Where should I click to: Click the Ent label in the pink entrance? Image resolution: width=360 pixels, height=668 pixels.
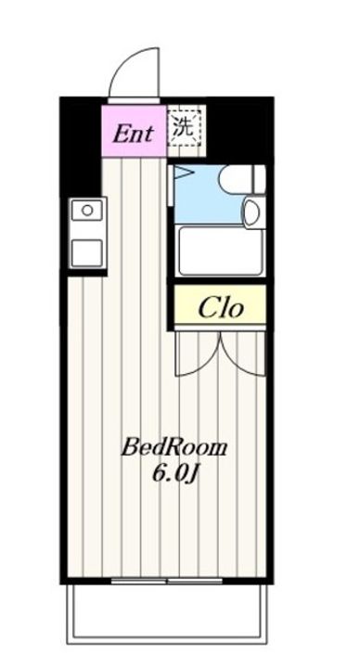point(133,134)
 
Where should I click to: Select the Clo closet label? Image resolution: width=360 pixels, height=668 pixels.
point(221,308)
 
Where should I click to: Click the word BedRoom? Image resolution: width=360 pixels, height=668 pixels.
point(174,448)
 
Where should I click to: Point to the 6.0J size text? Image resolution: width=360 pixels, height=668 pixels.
point(175,474)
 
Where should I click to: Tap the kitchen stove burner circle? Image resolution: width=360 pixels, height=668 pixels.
point(87,210)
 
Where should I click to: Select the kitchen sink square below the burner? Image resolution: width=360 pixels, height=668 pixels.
point(87,253)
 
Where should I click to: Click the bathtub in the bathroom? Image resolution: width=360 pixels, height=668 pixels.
point(221,251)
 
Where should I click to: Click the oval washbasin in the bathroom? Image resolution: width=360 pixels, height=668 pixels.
point(253,212)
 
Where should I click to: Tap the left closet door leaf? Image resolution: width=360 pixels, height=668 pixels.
point(198,353)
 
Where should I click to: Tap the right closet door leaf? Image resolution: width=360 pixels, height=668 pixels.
point(243,353)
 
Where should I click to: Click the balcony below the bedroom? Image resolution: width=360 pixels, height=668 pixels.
point(167,612)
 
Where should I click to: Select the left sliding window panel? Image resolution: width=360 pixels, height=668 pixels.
point(139,581)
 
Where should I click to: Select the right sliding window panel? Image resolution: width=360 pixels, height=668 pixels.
point(195,581)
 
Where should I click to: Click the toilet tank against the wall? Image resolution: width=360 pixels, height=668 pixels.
point(260,179)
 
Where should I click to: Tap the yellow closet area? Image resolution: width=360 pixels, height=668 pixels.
point(220,304)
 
